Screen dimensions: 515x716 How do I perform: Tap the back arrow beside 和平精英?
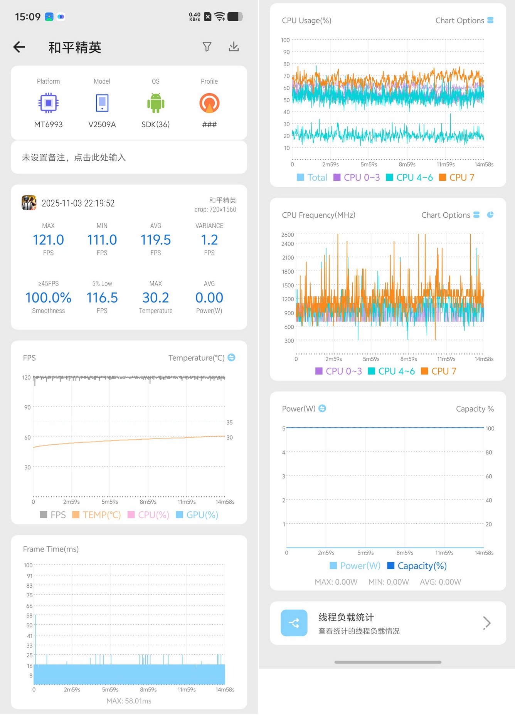tap(19, 47)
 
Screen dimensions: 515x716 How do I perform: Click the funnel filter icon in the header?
tap(207, 47)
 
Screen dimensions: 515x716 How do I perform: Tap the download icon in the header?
tap(234, 47)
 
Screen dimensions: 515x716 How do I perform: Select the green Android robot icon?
tap(156, 103)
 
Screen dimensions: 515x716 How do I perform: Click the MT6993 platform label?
tap(48, 124)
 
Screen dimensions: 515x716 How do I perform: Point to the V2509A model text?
tap(102, 124)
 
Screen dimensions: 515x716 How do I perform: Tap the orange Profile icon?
tap(209, 103)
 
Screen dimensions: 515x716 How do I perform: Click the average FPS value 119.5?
tap(156, 240)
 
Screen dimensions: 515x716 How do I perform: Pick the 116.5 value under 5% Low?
tap(102, 297)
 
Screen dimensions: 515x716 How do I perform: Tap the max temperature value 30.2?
tap(156, 297)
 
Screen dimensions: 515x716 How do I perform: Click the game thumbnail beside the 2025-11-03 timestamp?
tap(29, 203)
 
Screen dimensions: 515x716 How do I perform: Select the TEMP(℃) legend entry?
tap(97, 515)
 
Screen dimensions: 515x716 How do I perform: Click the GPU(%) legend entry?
tap(197, 515)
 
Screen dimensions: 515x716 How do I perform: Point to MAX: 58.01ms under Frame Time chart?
tap(129, 701)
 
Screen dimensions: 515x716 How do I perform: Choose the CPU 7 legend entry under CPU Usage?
tap(457, 177)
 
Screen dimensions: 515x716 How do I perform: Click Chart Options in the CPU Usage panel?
tap(459, 20)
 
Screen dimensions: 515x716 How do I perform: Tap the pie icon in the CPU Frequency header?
tap(490, 215)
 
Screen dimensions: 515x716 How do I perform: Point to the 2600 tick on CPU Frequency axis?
tap(288, 235)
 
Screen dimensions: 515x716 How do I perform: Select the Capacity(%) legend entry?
tap(417, 566)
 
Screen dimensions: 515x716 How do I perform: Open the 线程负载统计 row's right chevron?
tap(487, 623)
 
